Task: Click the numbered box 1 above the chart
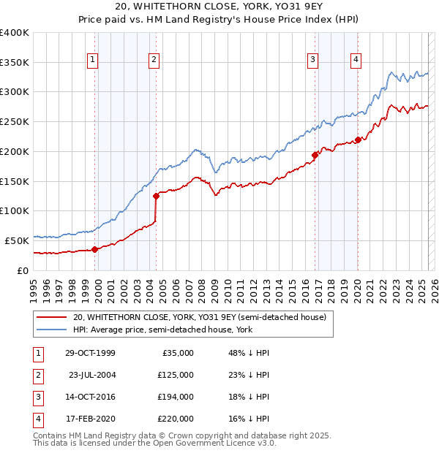click(94, 61)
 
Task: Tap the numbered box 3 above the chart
click(312, 61)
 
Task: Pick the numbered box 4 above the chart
click(356, 61)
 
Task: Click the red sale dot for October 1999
click(95, 249)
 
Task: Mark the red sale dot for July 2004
click(156, 196)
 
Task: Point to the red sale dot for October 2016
click(315, 155)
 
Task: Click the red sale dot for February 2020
click(358, 140)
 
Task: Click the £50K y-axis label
click(18, 240)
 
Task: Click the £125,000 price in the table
click(176, 375)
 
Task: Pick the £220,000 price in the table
click(176, 419)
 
